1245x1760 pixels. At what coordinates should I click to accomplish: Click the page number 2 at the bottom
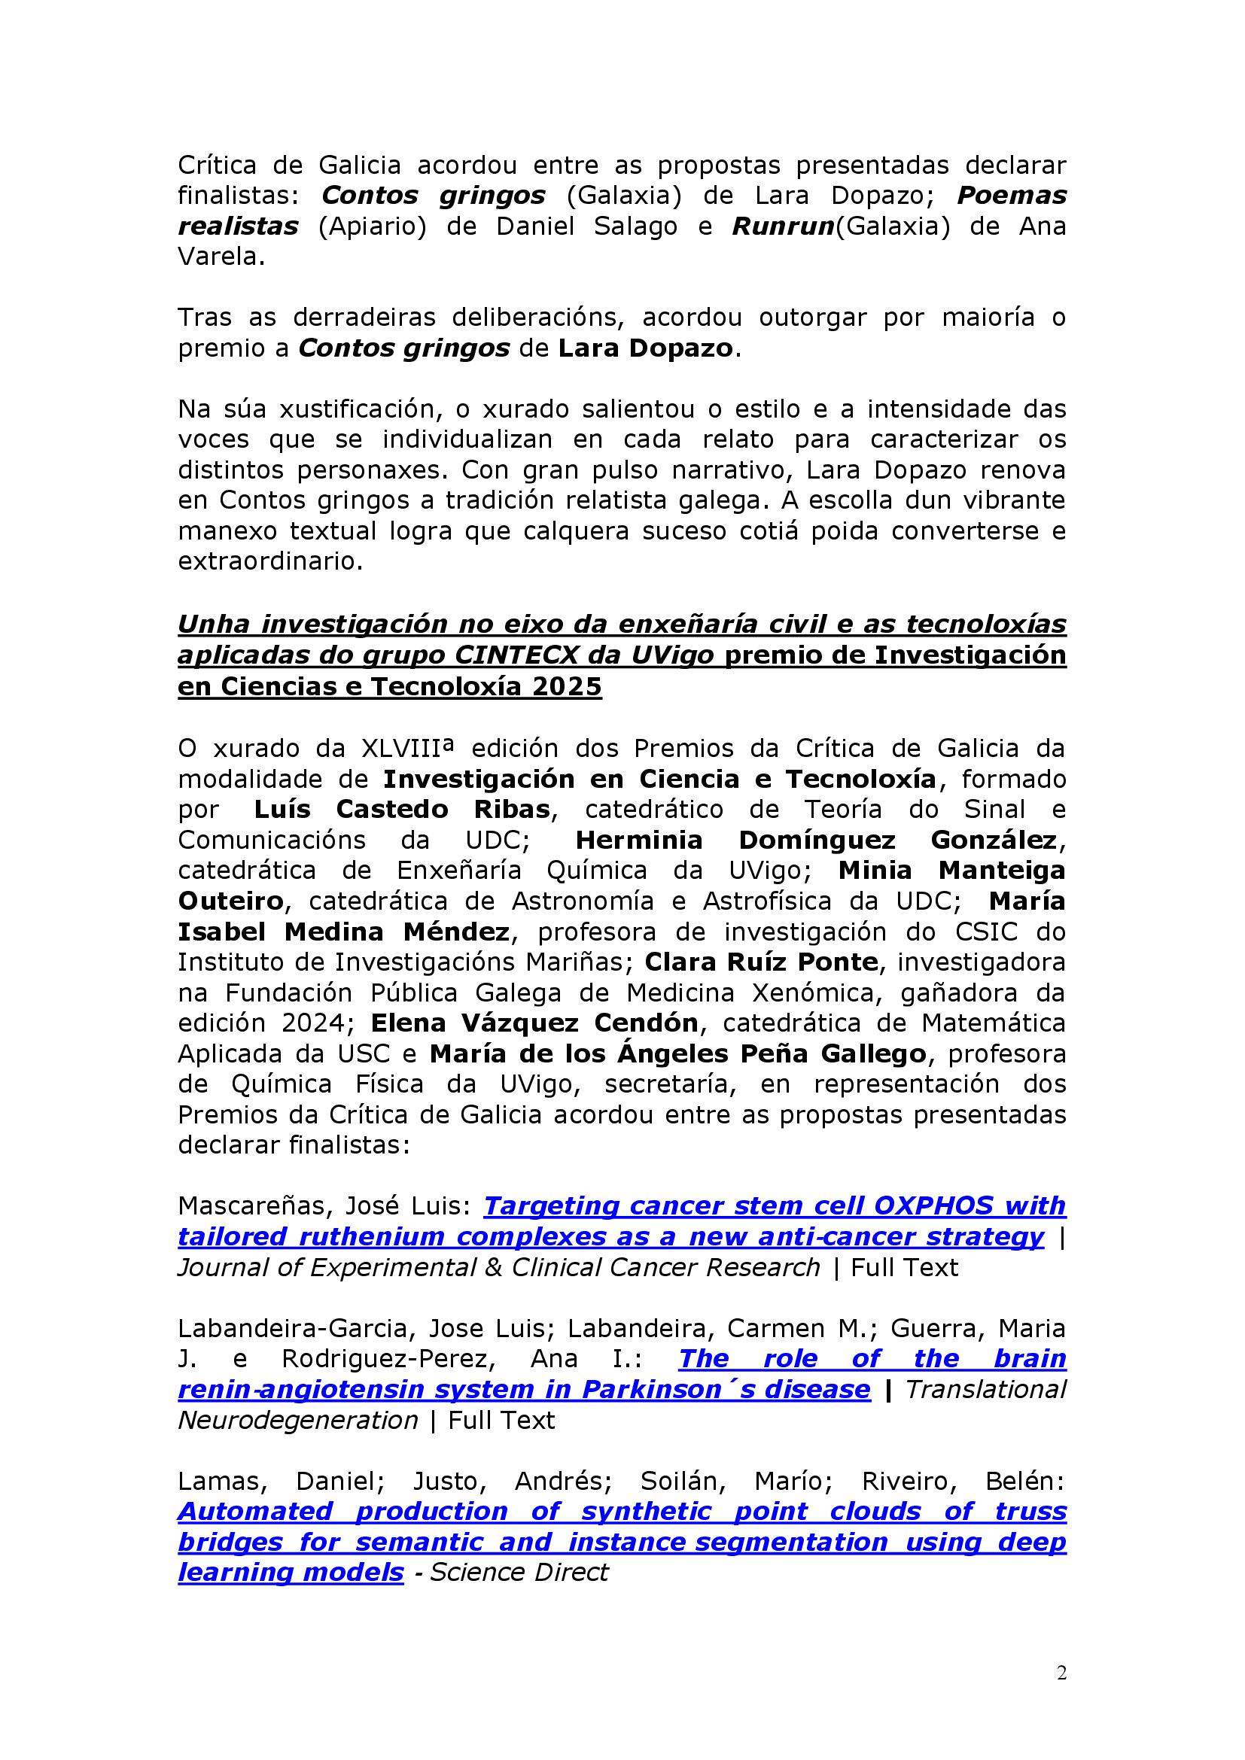(1061, 1673)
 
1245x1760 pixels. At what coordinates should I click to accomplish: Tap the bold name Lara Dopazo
(646, 348)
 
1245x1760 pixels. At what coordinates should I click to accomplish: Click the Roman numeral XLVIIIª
(407, 748)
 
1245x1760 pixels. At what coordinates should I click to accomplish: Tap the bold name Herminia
(638, 840)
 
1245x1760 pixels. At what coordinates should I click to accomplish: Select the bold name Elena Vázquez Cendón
(534, 1023)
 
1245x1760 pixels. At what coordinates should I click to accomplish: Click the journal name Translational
(986, 1390)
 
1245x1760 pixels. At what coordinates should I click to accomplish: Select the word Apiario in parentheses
(373, 226)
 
